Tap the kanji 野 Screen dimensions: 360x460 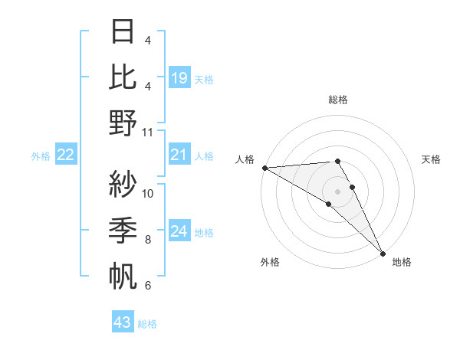[x=123, y=123]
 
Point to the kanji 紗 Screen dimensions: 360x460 [x=123, y=185]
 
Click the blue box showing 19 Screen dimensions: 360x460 [x=179, y=77]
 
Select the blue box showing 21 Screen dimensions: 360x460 [x=179, y=155]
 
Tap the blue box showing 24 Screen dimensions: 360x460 [x=179, y=231]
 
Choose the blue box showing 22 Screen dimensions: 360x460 [x=66, y=155]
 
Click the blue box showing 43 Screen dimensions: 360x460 [x=123, y=322]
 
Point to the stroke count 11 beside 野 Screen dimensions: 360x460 [x=148, y=132]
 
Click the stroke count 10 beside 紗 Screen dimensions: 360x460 [x=148, y=193]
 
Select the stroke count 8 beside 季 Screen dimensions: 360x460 [x=148, y=240]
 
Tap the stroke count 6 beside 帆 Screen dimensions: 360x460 [x=148, y=286]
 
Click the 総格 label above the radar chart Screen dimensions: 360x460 [x=338, y=100]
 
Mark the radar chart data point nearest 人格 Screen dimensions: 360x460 [x=264, y=167]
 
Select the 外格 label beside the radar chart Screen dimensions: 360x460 [x=270, y=262]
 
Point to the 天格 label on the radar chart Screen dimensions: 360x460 [x=431, y=159]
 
